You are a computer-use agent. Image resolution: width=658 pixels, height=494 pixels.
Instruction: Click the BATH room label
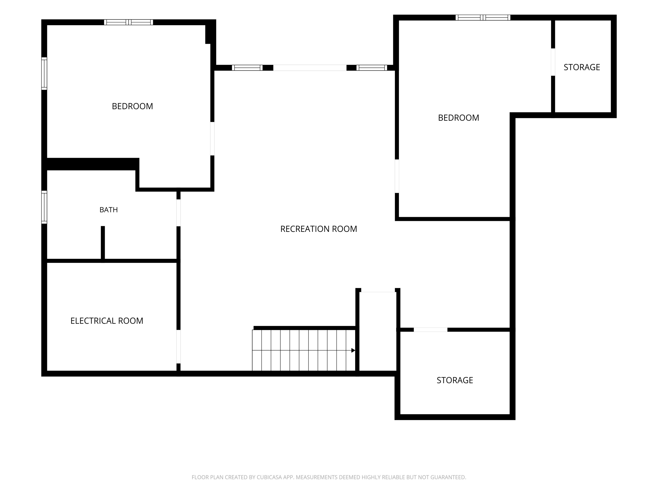(x=109, y=210)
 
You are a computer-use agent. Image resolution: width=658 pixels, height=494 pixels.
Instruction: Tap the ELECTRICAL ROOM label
(x=107, y=321)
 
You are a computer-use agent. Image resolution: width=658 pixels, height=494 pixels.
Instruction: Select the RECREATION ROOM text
(x=319, y=229)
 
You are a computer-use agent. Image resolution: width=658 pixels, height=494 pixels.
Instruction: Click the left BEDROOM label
(x=132, y=106)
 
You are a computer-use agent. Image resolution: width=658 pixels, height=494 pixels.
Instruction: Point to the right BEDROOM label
(x=458, y=118)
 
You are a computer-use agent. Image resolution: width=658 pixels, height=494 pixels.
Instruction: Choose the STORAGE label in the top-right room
(x=582, y=67)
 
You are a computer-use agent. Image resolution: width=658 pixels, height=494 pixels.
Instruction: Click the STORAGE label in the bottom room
(x=455, y=380)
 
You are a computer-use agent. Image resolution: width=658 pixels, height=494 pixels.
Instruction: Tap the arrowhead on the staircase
(x=353, y=350)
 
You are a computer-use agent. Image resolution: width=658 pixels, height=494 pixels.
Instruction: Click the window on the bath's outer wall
(x=44, y=207)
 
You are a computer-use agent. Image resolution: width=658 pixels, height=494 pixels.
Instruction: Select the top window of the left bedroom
(x=129, y=22)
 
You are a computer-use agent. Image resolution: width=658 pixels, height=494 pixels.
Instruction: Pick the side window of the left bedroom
(x=44, y=74)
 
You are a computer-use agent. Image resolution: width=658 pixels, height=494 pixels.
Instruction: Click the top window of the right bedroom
(x=483, y=18)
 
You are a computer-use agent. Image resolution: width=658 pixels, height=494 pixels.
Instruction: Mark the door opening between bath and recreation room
(x=179, y=213)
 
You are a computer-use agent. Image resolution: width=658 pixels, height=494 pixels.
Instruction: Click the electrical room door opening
(x=179, y=347)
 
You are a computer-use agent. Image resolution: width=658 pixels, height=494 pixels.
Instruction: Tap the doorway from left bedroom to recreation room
(x=212, y=139)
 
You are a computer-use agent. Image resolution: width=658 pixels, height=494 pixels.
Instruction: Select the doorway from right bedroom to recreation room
(x=397, y=176)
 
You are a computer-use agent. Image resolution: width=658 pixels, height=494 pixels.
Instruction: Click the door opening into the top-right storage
(x=553, y=62)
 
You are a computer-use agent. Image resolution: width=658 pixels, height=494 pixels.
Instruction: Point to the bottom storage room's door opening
(x=430, y=330)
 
